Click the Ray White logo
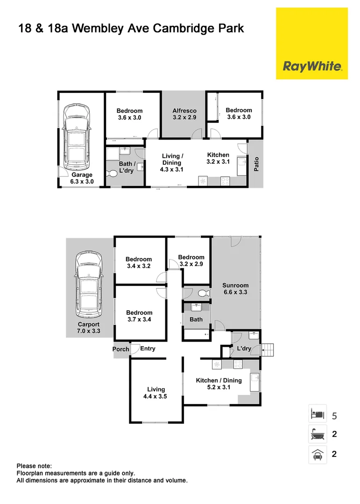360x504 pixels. pos(312,66)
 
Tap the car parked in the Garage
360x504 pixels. pos(77,137)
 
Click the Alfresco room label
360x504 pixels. pos(184,114)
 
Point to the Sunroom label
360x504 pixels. pos(235,288)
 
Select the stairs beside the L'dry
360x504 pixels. pos(268,349)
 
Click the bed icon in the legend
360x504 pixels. pos(318,414)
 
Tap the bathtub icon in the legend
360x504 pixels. pos(318,434)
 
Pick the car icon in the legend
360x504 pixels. pos(318,454)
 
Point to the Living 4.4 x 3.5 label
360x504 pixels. pos(156,392)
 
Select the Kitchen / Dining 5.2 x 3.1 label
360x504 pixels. pos(219,384)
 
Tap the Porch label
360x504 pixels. pos(120,349)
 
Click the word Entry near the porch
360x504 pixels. pos(148,349)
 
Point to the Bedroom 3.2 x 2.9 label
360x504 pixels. pos(191,260)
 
